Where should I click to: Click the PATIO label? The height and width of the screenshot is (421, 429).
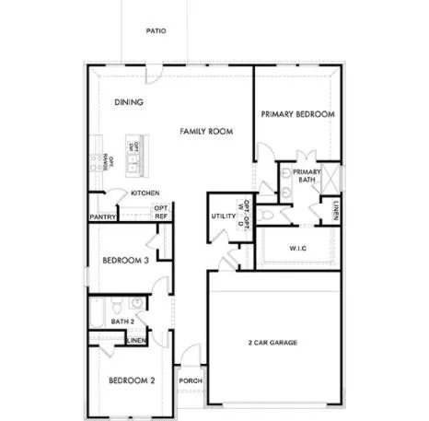pyautogui.click(x=156, y=30)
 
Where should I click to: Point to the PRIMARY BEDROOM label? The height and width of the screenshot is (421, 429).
pyautogui.click(x=296, y=114)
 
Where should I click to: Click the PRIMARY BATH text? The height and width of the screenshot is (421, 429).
pyautogui.click(x=305, y=175)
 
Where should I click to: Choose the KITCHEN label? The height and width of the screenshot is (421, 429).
pyautogui.click(x=145, y=193)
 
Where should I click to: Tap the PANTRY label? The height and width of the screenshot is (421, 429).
pyautogui.click(x=101, y=217)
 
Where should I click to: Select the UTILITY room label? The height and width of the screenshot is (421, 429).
pyautogui.click(x=224, y=216)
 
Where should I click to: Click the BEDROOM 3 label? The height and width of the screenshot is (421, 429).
pyautogui.click(x=125, y=261)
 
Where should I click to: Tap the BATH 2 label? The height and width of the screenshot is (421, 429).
pyautogui.click(x=123, y=322)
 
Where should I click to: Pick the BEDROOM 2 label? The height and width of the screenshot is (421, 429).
pyautogui.click(x=131, y=380)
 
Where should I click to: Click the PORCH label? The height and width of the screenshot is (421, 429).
pyautogui.click(x=190, y=380)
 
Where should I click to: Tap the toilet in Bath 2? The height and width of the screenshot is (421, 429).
pyautogui.click(x=115, y=303)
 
